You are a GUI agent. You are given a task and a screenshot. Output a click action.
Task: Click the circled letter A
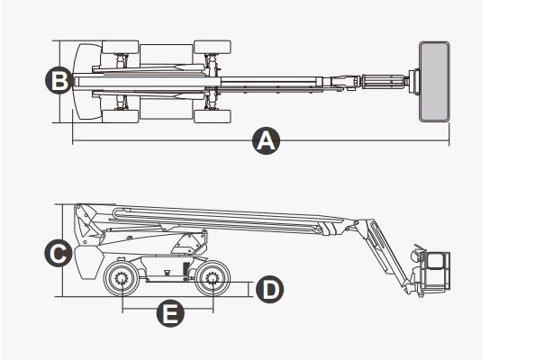pyautogui.click(x=265, y=141)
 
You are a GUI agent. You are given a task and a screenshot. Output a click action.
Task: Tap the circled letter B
pyautogui.click(x=59, y=81)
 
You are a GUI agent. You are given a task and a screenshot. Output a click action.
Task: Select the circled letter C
pyautogui.click(x=59, y=255)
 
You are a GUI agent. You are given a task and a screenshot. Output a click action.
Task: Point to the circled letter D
pyautogui.click(x=269, y=289)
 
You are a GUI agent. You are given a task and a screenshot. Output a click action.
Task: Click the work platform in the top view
pyautogui.click(x=435, y=82)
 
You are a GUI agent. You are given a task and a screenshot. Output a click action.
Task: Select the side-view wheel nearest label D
pyautogui.click(x=212, y=281)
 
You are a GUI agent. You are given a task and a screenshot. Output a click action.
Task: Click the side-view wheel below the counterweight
pyautogui.click(x=120, y=281)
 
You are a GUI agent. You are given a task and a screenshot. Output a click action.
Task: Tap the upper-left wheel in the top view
pyautogui.click(x=121, y=47)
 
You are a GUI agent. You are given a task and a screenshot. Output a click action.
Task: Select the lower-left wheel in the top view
pyautogui.click(x=121, y=116)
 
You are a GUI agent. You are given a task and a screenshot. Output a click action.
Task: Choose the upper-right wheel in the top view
pyautogui.click(x=213, y=47)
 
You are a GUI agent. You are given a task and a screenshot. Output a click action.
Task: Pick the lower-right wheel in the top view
pyautogui.click(x=213, y=116)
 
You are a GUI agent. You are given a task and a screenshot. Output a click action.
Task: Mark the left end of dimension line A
pyautogui.click(x=72, y=141)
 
